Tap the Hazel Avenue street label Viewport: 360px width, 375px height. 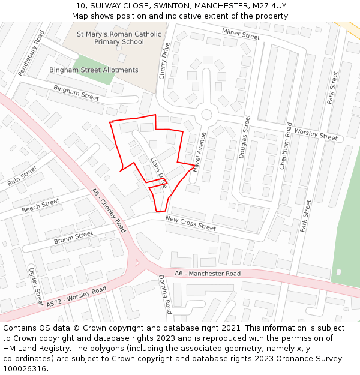tap(200, 152)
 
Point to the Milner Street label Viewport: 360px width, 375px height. tap(241, 34)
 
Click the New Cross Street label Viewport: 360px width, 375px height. tap(190, 223)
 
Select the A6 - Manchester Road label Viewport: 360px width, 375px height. tap(208, 274)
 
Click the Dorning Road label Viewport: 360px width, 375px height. tap(165, 294)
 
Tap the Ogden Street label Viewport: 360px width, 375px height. tap(36, 287)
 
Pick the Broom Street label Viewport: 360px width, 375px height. tap(73, 237)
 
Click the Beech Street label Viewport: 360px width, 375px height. tap(41, 205)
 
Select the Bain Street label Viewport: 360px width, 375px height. tap(22, 175)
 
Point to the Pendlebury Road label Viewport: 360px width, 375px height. tap(31, 54)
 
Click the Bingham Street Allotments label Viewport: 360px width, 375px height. tap(94, 70)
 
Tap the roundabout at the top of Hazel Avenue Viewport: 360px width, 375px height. tap(207, 114)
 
